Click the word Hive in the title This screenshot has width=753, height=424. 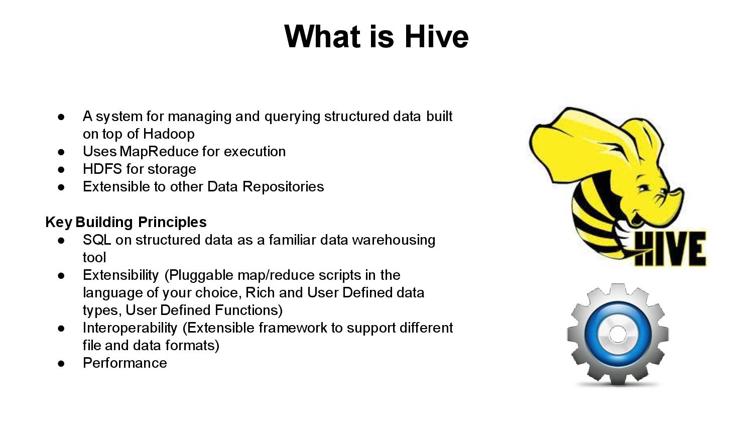point(436,37)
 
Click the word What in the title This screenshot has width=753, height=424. point(322,37)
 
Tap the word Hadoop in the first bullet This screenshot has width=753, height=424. point(169,134)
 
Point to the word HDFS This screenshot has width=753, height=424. point(102,169)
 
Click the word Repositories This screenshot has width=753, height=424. point(283,187)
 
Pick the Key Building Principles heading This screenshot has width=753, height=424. point(126,222)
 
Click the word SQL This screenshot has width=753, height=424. point(97,240)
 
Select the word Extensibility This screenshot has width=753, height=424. point(120,275)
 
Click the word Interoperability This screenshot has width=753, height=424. point(130,328)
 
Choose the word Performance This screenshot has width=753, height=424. point(125,363)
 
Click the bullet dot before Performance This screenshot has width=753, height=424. point(61,363)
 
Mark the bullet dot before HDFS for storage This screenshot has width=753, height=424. point(61,169)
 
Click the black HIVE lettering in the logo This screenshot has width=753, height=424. point(670,249)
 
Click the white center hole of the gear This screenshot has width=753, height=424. point(617,334)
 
